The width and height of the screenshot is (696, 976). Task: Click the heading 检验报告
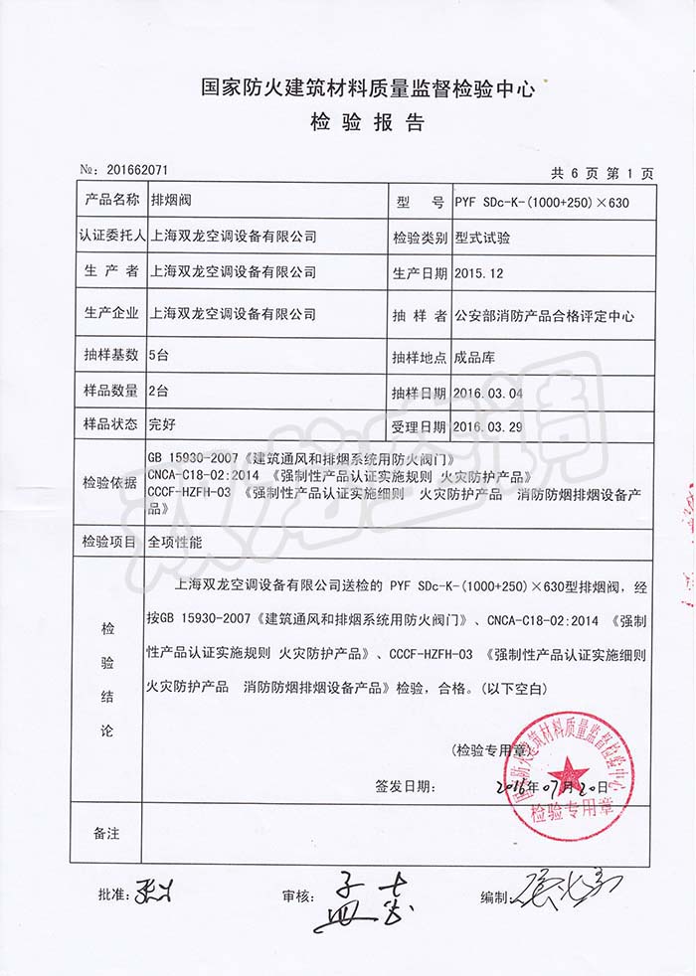pyautogui.click(x=367, y=123)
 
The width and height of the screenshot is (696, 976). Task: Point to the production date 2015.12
pyautogui.click(x=479, y=271)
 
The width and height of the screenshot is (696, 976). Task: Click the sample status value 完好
pyautogui.click(x=161, y=426)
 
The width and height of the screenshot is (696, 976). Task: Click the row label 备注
pyautogui.click(x=105, y=830)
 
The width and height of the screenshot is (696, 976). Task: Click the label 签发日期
pyautogui.click(x=404, y=785)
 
